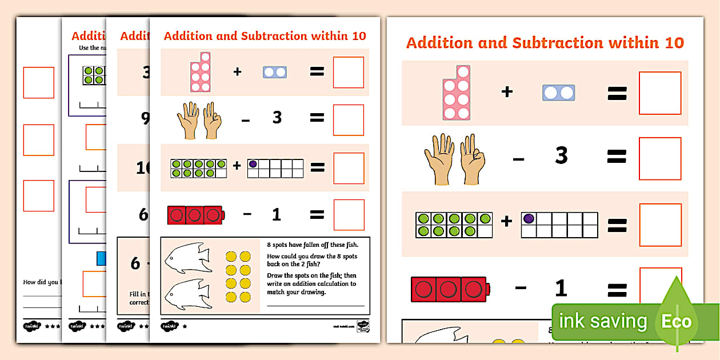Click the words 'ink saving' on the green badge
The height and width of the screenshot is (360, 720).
click(x=602, y=321)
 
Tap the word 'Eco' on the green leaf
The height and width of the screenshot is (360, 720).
click(x=677, y=321)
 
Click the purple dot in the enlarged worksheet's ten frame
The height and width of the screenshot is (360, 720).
click(x=529, y=218)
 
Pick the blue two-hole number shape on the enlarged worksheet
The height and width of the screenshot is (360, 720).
click(x=558, y=93)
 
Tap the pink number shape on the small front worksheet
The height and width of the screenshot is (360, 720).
click(x=201, y=72)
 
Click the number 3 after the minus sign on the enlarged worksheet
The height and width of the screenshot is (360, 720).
click(x=561, y=155)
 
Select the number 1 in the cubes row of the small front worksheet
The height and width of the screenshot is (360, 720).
click(x=276, y=215)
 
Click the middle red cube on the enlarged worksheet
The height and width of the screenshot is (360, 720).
click(x=448, y=289)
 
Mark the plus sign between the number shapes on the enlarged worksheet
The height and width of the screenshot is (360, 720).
click(x=507, y=92)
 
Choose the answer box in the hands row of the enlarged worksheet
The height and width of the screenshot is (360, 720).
click(x=659, y=158)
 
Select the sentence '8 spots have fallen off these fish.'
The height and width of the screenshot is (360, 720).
click(x=312, y=245)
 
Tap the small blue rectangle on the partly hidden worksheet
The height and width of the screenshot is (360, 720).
click(x=101, y=259)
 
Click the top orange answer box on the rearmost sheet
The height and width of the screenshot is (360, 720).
click(x=39, y=83)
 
